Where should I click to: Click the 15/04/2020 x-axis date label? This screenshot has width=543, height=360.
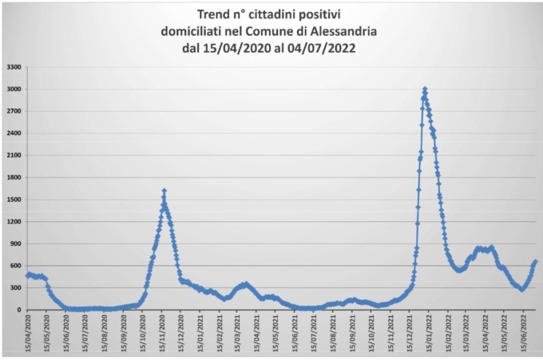pos(28,334)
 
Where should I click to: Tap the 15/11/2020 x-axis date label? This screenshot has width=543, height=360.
pos(163,334)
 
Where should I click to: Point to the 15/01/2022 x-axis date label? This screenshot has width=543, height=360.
pos(430,334)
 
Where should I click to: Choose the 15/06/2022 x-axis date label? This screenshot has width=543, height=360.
pos(525,334)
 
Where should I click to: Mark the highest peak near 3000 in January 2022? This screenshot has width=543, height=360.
pos(425,89)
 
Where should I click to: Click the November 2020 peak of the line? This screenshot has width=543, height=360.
pos(164,191)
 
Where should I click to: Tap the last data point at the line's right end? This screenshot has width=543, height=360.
pos(535,261)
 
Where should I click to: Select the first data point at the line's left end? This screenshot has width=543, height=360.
pos(27,275)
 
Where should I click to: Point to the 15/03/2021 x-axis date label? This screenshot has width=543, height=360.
pos(239,334)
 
